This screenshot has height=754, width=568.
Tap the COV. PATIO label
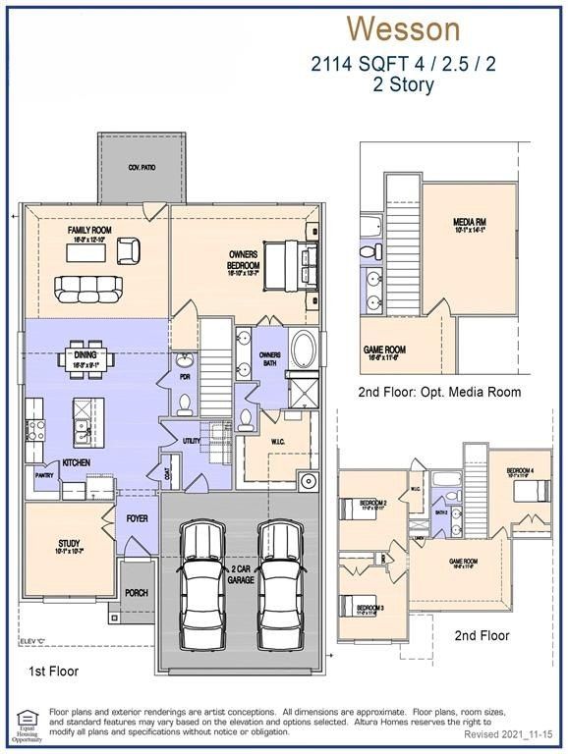point(142,168)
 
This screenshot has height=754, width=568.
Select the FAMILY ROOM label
point(89,230)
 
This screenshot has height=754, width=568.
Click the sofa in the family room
point(88,289)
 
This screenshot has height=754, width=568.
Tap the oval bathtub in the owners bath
point(304,349)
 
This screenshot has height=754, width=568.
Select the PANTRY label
point(43,474)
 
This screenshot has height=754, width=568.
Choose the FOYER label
point(136,518)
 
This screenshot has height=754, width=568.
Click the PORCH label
point(137,593)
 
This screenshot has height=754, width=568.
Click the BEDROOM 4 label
point(520,471)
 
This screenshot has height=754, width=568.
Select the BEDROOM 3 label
point(369,609)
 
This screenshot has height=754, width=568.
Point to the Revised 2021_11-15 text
point(508,734)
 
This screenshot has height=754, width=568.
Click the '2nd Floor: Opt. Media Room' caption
point(438,392)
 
